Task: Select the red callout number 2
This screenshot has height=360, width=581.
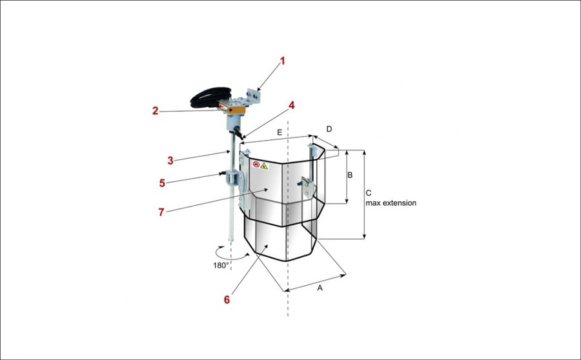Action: pyautogui.click(x=155, y=111)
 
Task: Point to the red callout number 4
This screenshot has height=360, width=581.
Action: pyautogui.click(x=292, y=105)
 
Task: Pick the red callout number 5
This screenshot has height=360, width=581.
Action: pyautogui.click(x=163, y=183)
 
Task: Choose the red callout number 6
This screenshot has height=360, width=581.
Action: pyautogui.click(x=227, y=299)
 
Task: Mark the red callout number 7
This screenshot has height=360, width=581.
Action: pyautogui.click(x=163, y=211)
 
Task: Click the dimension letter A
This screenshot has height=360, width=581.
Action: pyautogui.click(x=319, y=288)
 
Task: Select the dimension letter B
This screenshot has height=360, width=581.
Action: pyautogui.click(x=351, y=175)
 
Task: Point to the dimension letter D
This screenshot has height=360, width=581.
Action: pyautogui.click(x=329, y=129)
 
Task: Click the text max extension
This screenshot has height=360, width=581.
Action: pyautogui.click(x=391, y=203)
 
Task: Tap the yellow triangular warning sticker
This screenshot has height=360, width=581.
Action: pyautogui.click(x=264, y=166)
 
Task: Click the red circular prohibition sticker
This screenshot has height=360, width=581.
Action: pyautogui.click(x=256, y=165)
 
